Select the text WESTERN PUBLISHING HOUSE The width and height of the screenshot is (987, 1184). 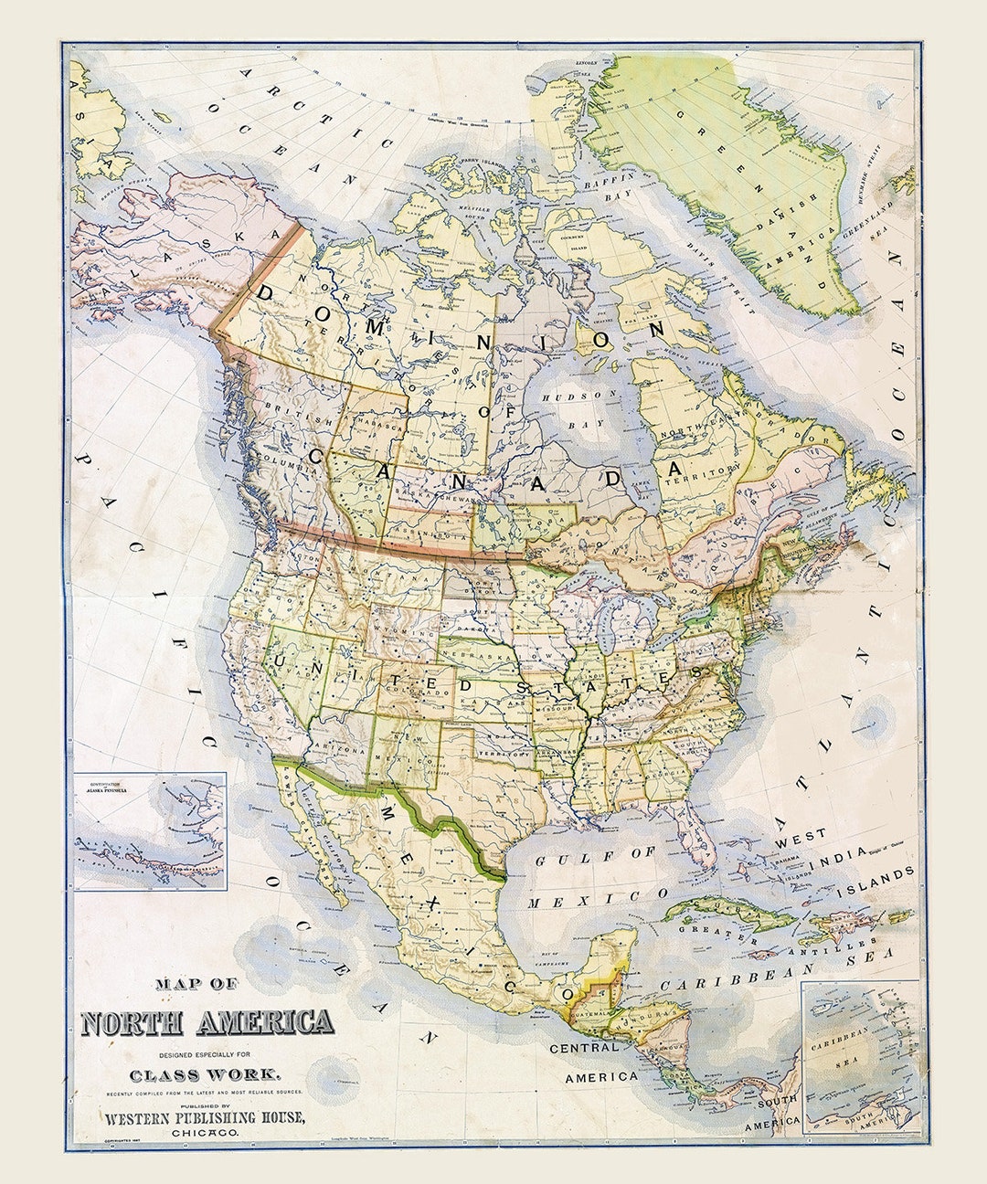[206, 1118]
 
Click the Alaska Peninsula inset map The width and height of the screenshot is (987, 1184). [150, 830]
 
